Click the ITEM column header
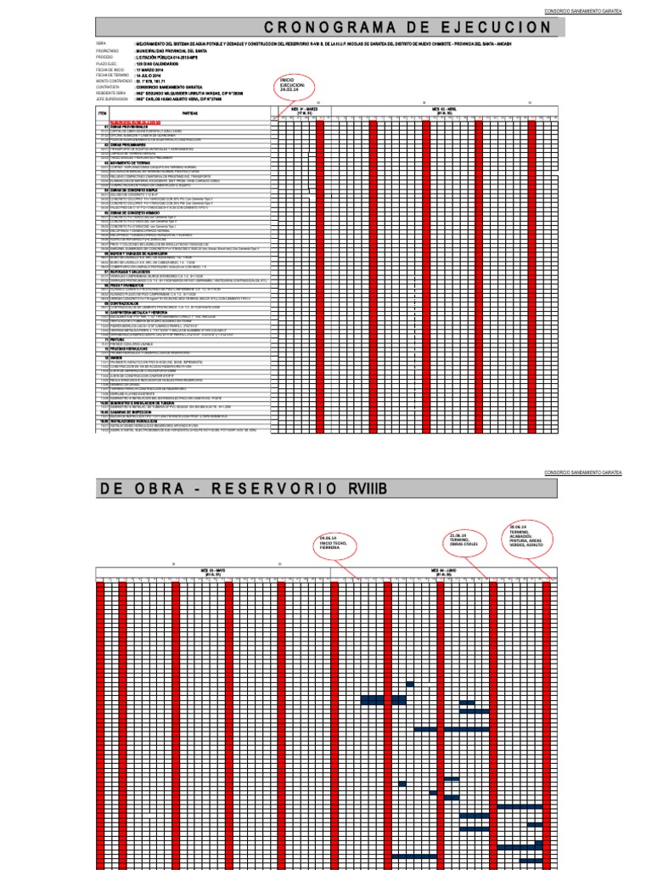[104, 112]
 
